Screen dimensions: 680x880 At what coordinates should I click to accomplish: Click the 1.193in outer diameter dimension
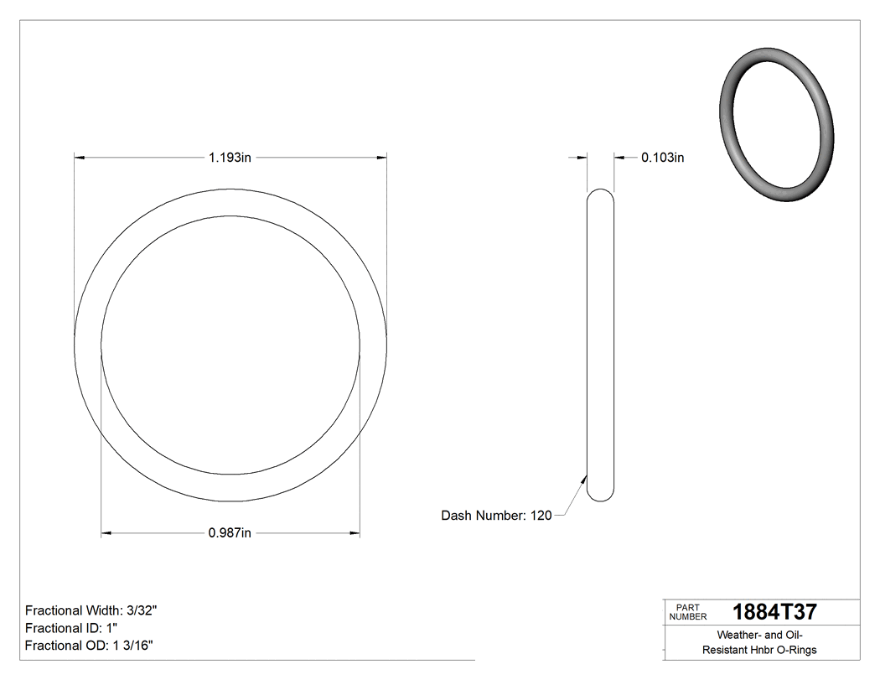click(x=230, y=157)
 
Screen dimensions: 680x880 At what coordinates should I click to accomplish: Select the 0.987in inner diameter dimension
click(x=230, y=533)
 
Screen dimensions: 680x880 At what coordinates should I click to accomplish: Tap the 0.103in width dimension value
click(x=662, y=157)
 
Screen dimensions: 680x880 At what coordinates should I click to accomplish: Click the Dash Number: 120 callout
click(x=496, y=516)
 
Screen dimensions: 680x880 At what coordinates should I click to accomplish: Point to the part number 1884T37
click(x=774, y=611)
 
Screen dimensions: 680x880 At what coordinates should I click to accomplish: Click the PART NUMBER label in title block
click(x=688, y=611)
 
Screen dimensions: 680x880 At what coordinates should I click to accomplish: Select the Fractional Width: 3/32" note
click(x=91, y=610)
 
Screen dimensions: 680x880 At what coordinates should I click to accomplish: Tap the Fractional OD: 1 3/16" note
click(x=88, y=645)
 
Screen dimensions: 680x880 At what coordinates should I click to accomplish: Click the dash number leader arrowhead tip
click(x=585, y=475)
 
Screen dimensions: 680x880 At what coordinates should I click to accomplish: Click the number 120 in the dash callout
click(x=541, y=516)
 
